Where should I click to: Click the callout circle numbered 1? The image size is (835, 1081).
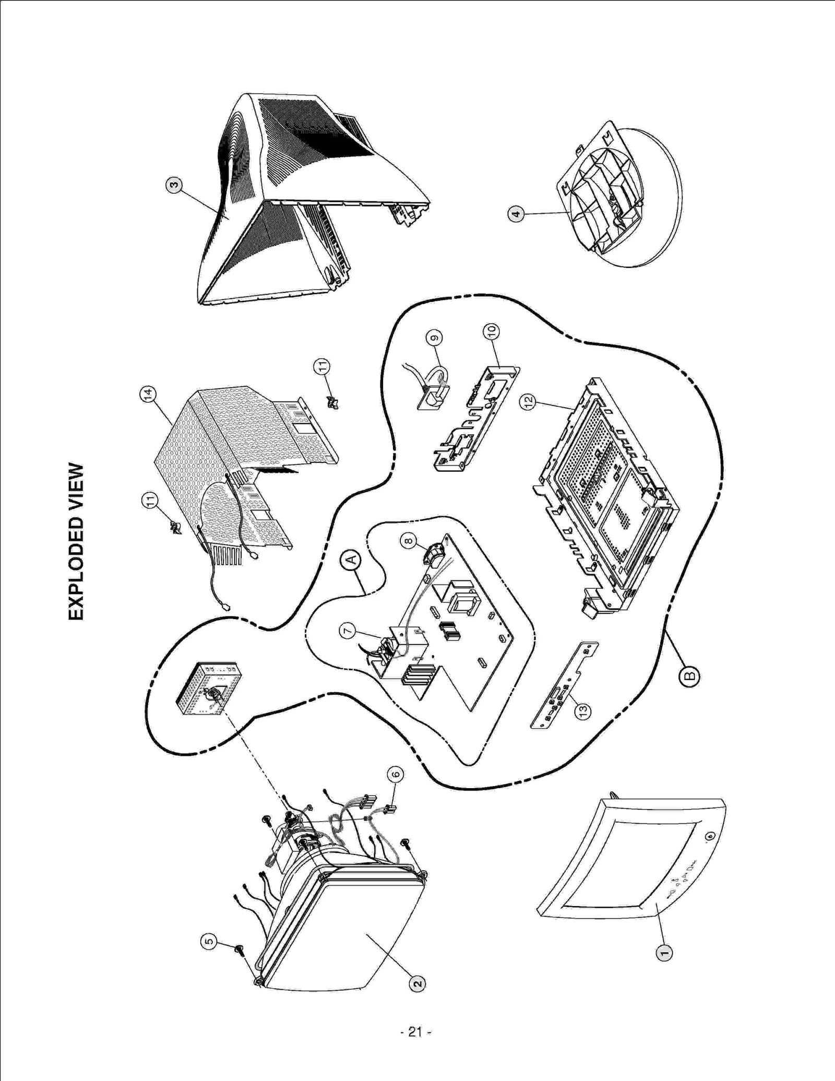point(664,953)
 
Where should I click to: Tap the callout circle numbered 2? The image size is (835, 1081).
point(416,984)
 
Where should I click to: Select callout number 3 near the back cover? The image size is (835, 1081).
point(174,184)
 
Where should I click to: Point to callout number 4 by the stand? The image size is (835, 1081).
point(516,213)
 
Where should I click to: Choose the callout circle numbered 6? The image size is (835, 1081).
point(395,774)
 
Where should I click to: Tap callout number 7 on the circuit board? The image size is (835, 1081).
point(348,631)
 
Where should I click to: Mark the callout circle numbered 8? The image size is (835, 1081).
point(409,541)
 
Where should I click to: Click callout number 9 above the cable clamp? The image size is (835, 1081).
point(434,338)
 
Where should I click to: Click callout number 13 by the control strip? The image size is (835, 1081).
point(583,710)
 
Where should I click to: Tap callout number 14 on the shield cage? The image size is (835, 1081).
point(148,394)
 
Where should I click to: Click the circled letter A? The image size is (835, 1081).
point(351,560)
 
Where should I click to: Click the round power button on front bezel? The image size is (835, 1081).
point(709,837)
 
